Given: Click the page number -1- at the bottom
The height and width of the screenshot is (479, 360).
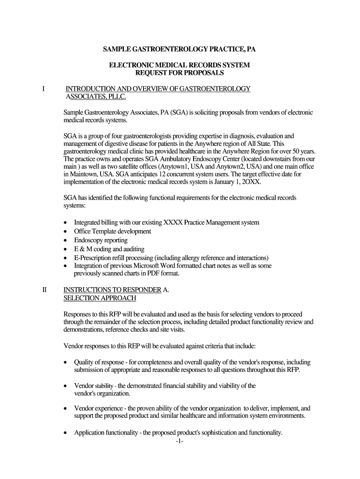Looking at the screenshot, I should click(x=180, y=441).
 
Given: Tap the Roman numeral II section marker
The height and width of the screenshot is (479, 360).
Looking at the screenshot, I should click(x=44, y=290).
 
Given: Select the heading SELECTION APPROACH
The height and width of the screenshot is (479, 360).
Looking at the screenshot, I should click(x=100, y=298).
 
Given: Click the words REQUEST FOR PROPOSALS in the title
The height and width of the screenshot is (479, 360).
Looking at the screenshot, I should click(x=180, y=73).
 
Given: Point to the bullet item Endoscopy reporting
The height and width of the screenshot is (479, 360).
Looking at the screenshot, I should click(x=101, y=240).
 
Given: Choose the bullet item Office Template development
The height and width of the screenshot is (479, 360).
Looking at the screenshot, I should click(x=113, y=231).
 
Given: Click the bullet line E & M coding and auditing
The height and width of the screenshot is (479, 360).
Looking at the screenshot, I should click(x=109, y=249).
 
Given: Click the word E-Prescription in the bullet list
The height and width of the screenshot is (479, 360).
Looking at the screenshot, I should click(x=94, y=258).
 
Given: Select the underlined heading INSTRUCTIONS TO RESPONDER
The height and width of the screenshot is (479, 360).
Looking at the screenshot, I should click(x=112, y=290).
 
